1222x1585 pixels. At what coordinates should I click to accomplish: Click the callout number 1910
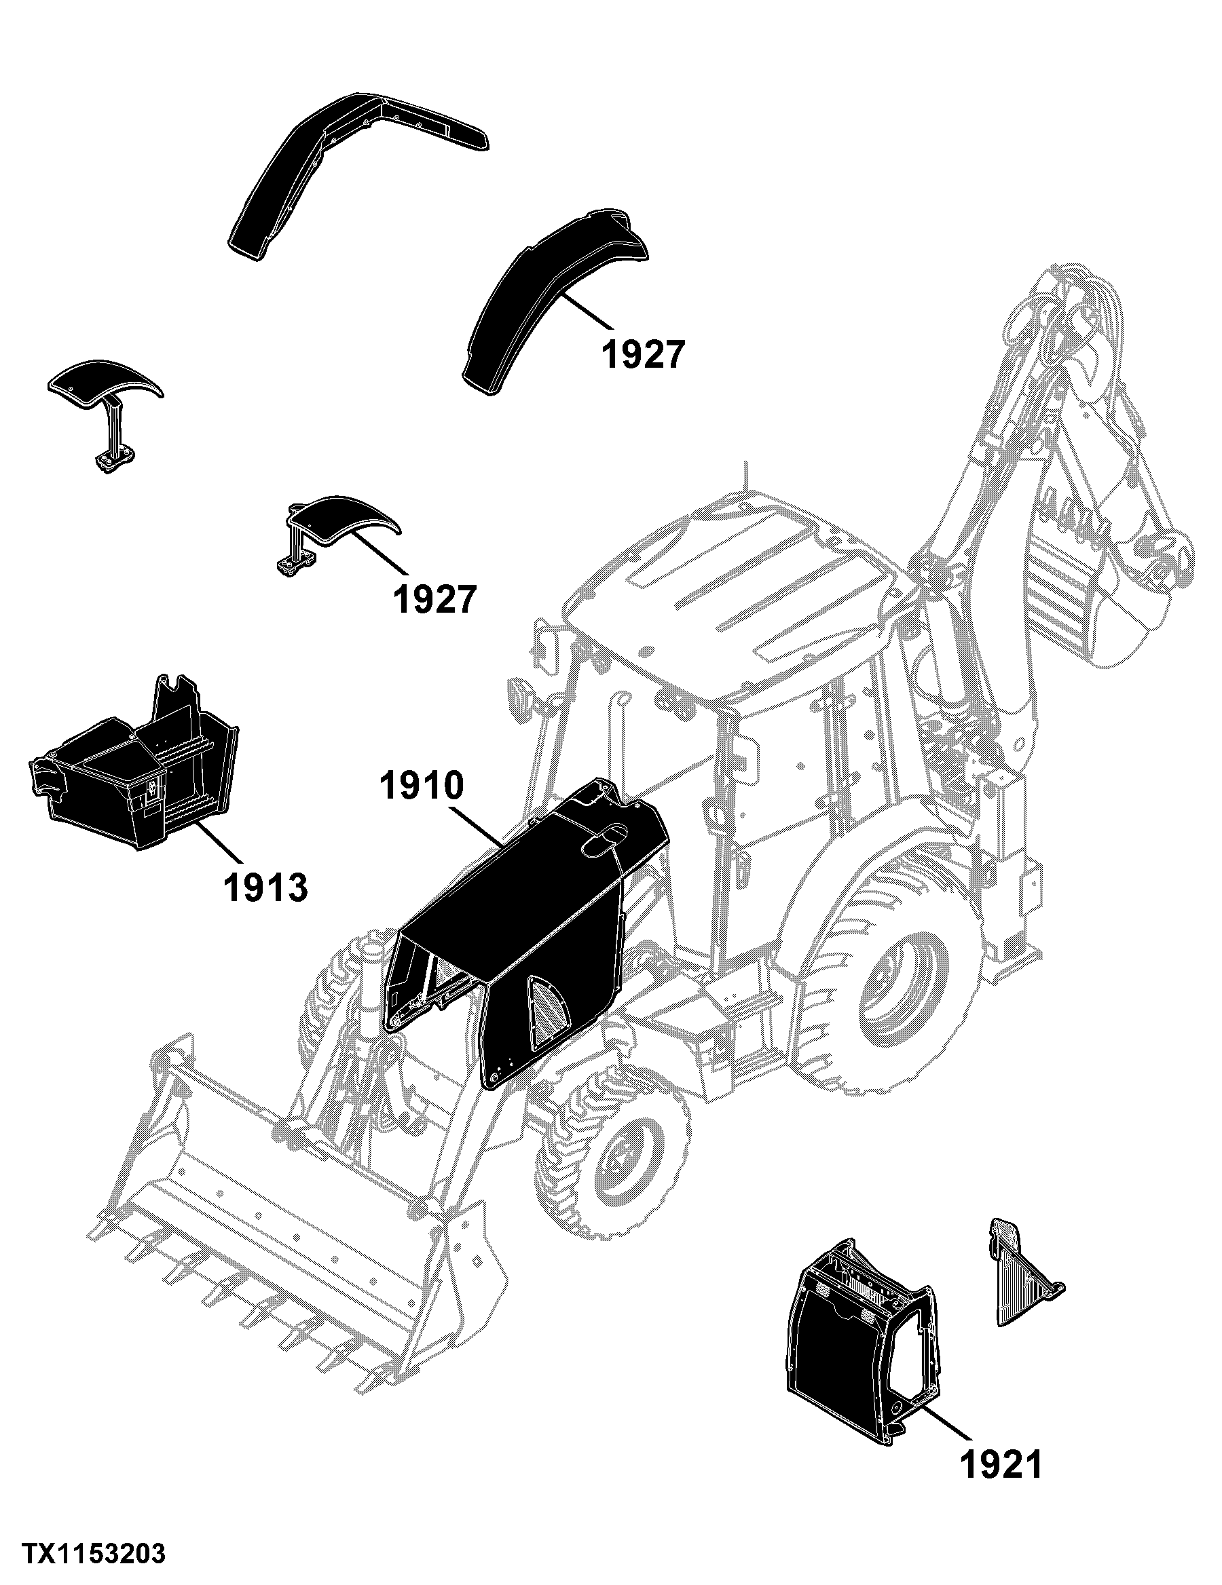tap(420, 786)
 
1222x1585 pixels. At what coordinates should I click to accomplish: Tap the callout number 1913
tap(265, 887)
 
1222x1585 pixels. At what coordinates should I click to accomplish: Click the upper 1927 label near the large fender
tap(644, 355)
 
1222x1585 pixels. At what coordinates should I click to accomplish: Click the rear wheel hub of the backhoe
tap(904, 995)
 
